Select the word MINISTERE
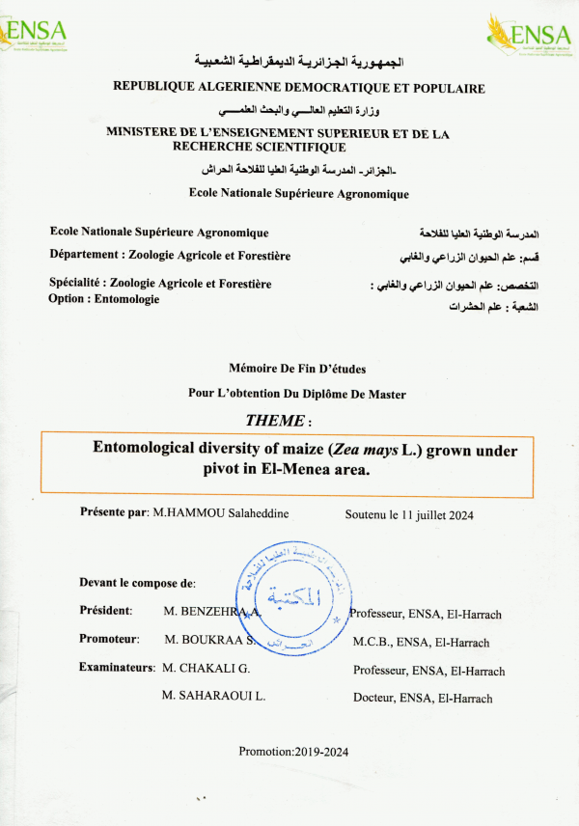click(145, 134)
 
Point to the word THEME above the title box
click(274, 421)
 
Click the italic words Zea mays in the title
click(366, 450)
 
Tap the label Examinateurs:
click(117, 667)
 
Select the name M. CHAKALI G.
click(207, 668)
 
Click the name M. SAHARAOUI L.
click(214, 695)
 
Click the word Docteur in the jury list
click(373, 699)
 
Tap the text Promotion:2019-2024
click(293, 752)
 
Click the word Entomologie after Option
click(124, 299)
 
